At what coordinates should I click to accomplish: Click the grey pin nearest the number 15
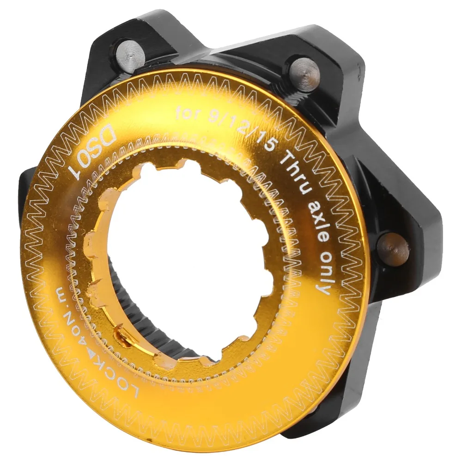304,73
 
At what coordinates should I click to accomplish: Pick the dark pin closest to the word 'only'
393,248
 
